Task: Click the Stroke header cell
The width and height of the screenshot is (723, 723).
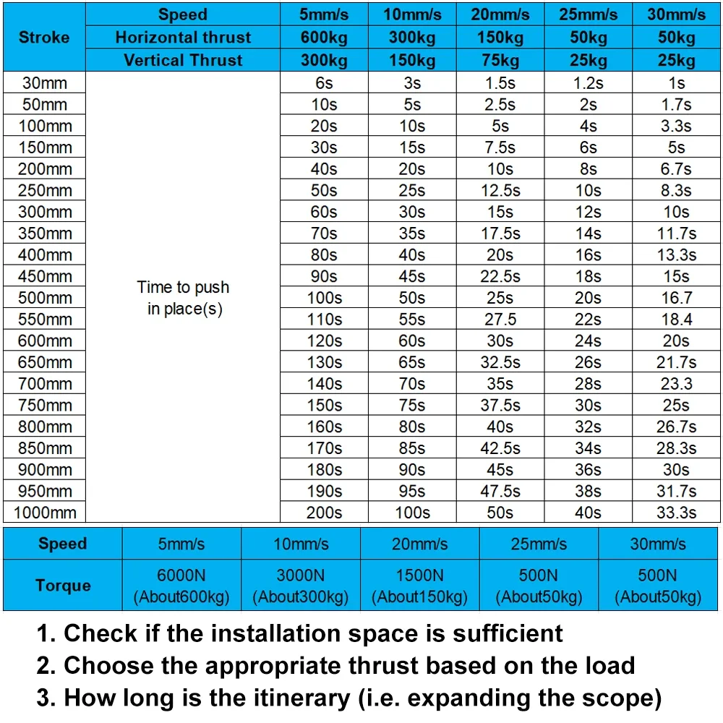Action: coord(44,38)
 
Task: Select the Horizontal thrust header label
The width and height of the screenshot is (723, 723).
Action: coord(183,38)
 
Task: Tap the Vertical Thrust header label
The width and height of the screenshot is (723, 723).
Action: coord(183,60)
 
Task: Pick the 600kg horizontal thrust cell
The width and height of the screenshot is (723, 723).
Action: coord(324,38)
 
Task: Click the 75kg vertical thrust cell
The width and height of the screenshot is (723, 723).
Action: coord(500,60)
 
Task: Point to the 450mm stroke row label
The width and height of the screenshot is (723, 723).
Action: coord(45,276)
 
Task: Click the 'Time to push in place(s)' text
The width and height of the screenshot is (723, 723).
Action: coord(183,298)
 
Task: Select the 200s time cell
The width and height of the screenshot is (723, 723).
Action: coord(324,513)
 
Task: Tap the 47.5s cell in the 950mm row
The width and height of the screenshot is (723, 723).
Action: coord(500,491)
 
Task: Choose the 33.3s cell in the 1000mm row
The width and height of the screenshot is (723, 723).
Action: coord(676,513)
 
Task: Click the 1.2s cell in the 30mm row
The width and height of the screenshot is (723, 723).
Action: coord(588,83)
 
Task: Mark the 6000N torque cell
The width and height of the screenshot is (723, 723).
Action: coord(181,586)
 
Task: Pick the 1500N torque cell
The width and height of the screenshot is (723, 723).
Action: coord(419,586)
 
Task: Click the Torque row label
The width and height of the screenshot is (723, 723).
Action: coord(63,586)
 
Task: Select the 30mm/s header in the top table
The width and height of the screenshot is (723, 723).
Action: coord(676,14)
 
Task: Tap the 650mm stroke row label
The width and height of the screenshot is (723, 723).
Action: coord(45,362)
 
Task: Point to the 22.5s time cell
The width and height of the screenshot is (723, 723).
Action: coord(500,276)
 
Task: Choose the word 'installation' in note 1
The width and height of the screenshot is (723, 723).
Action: coord(278,633)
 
